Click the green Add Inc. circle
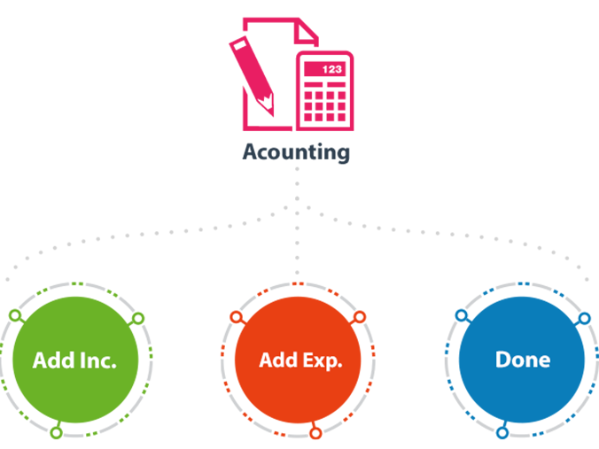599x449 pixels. [x=74, y=360]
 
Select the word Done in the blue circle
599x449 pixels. [x=522, y=360]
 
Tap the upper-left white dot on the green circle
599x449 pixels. [x=14, y=315]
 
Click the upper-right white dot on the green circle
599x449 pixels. [x=137, y=317]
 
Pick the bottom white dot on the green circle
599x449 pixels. [x=55, y=433]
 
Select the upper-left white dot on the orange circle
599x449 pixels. [x=236, y=316]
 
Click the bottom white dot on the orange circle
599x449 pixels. [x=315, y=433]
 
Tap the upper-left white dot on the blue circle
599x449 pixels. [x=461, y=315]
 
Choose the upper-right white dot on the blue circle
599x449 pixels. [x=584, y=317]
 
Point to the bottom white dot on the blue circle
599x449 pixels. [x=502, y=433]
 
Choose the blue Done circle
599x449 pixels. [x=522, y=360]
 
